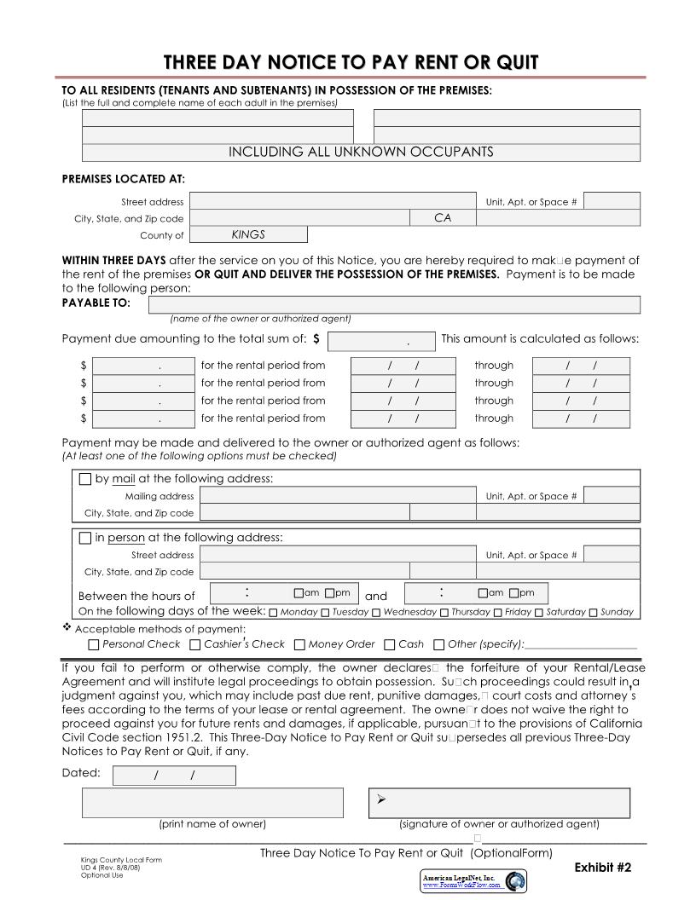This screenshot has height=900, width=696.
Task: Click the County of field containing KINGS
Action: click(x=247, y=234)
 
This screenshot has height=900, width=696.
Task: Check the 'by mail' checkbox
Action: click(x=84, y=479)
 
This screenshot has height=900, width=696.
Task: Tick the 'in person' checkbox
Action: click(x=84, y=538)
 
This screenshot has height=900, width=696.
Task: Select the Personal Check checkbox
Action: click(x=94, y=645)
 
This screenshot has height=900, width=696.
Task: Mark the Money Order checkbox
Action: click(x=299, y=645)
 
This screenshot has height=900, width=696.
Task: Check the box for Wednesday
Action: click(x=375, y=612)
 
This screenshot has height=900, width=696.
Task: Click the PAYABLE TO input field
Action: click(x=394, y=304)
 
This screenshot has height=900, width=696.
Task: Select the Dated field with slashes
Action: click(x=174, y=775)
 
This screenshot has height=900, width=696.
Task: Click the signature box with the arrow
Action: click(x=499, y=803)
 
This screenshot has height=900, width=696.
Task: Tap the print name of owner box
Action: click(x=212, y=803)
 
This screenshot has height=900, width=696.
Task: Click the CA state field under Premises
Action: click(x=442, y=218)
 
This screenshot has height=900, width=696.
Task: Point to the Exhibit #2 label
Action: click(x=602, y=867)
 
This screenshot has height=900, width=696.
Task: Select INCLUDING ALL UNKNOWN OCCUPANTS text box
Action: click(x=361, y=153)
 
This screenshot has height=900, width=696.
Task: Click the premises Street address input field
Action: click(x=332, y=201)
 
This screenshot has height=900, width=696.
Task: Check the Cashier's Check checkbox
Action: click(x=195, y=645)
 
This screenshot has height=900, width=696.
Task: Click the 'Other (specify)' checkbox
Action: click(x=439, y=645)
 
